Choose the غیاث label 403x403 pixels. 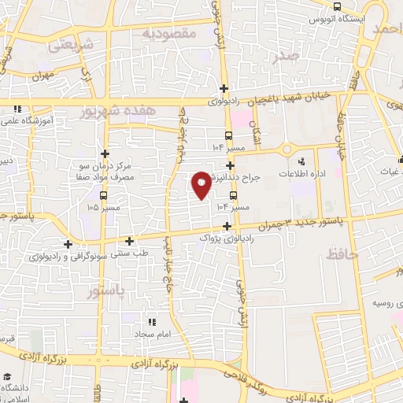point(391,171)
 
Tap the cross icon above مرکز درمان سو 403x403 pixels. point(105,153)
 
